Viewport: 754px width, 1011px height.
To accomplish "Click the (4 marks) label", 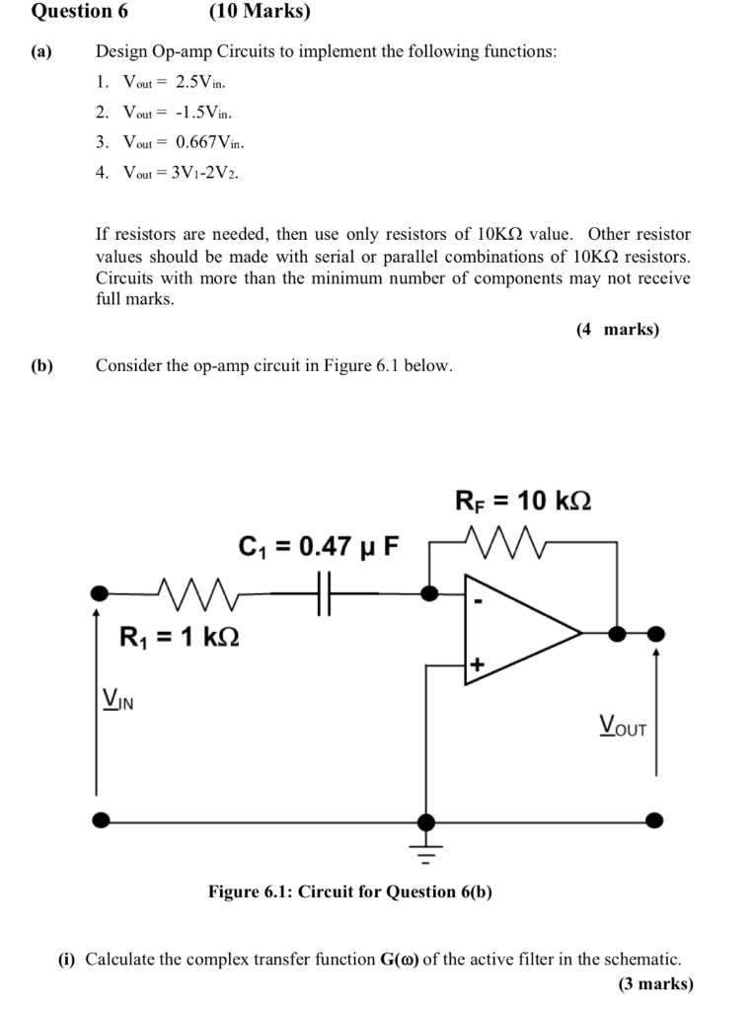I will coord(618,330).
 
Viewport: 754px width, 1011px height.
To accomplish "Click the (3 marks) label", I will coord(655,983).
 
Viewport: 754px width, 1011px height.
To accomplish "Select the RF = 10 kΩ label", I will coord(523,501).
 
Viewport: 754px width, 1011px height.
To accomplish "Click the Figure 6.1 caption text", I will coord(349,892).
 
